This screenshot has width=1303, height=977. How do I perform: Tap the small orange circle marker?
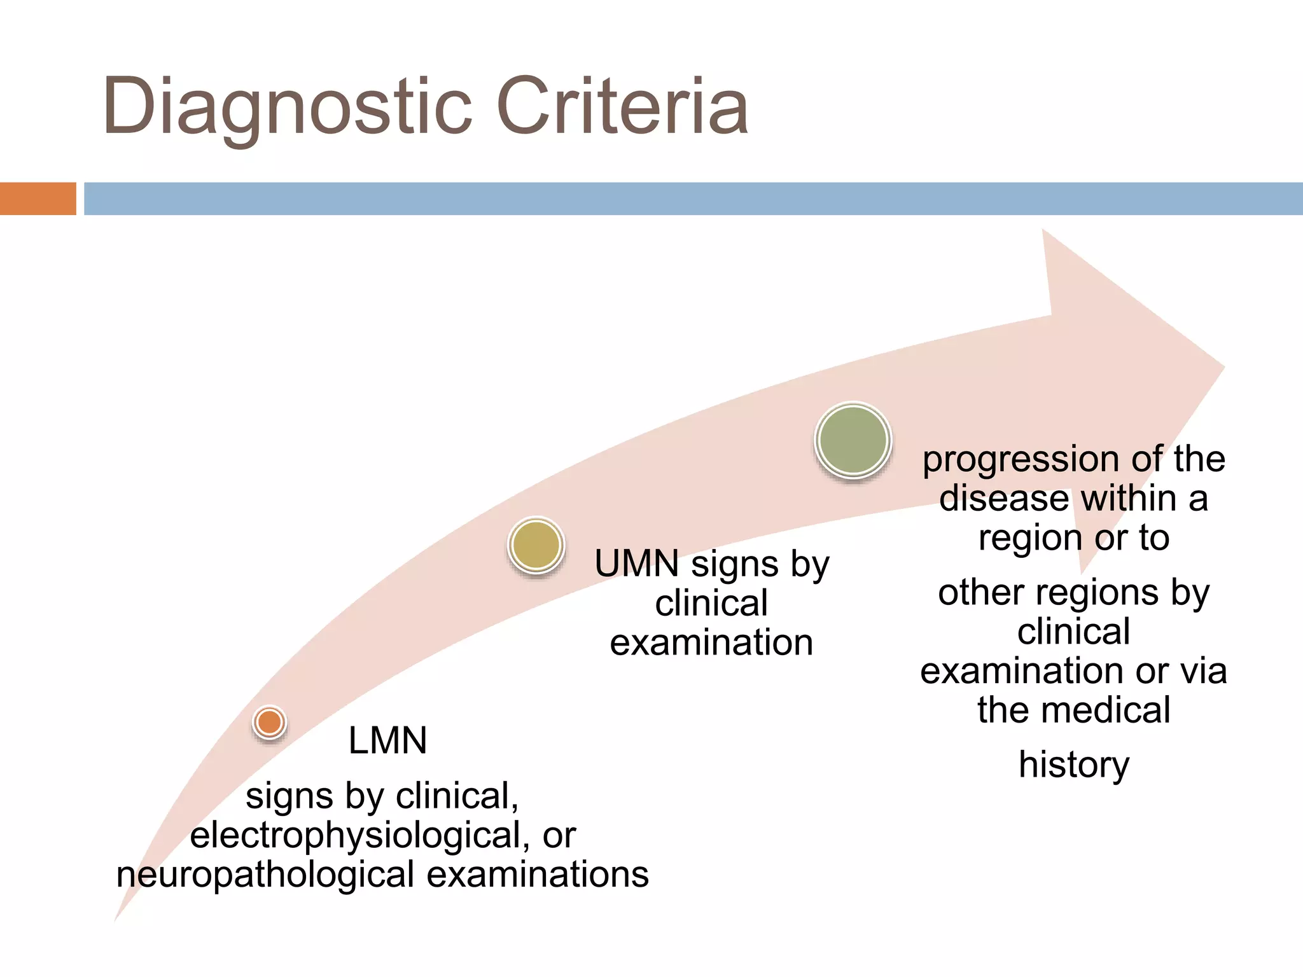(x=269, y=722)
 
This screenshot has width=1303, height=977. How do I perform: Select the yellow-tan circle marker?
(x=536, y=544)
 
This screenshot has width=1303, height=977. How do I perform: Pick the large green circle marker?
(x=853, y=440)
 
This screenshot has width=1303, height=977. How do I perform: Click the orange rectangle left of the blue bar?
(x=38, y=198)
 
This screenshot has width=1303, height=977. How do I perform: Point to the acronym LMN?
(x=387, y=740)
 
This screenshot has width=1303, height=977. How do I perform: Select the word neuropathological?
(x=265, y=875)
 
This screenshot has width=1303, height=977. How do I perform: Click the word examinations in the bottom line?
(x=538, y=875)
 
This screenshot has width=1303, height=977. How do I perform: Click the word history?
(x=1074, y=765)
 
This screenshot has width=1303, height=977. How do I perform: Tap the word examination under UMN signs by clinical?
(x=711, y=642)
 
